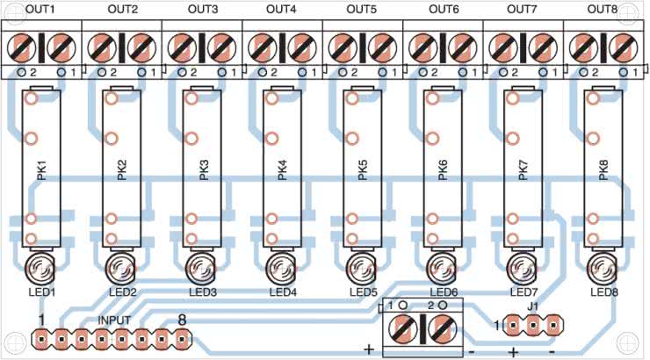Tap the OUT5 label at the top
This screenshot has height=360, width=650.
tap(361, 10)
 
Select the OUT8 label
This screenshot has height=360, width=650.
tap(603, 10)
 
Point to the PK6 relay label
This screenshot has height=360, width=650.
tap(442, 171)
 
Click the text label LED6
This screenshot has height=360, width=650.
tap(443, 292)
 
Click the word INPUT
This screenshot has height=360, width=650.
tap(115, 320)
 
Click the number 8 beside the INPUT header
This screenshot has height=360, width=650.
tap(182, 320)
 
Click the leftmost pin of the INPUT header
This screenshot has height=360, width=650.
tap(40, 336)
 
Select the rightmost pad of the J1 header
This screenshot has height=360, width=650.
tap(554, 326)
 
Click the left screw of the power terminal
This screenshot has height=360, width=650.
tap(402, 330)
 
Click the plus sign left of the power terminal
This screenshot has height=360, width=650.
tap(369, 349)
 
